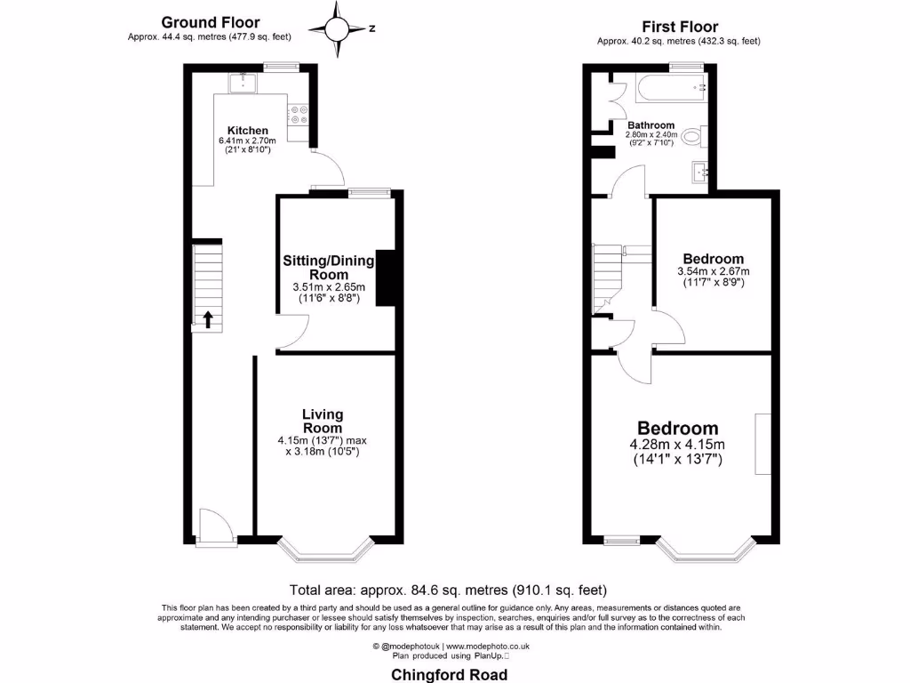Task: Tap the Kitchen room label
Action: (247, 131)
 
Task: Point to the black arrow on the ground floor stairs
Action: (208, 319)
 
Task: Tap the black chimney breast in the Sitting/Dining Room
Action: (386, 278)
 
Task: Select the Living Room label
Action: (322, 421)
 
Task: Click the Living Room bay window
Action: (323, 550)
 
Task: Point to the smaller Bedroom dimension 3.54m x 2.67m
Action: (713, 271)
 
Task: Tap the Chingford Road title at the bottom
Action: (450, 674)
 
